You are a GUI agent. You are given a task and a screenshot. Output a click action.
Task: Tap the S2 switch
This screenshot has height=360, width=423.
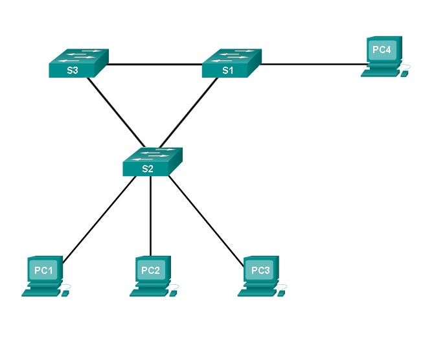click(x=152, y=162)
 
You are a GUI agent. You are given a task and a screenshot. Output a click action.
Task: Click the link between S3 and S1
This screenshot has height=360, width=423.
click(x=155, y=64)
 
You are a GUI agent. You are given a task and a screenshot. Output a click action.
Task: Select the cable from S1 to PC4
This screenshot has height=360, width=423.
click(x=311, y=64)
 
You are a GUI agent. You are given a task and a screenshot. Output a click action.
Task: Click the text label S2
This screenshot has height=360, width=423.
click(x=148, y=170)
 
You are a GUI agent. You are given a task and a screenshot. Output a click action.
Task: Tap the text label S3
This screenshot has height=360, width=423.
click(x=73, y=71)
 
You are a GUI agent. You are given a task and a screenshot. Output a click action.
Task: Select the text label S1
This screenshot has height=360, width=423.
click(x=227, y=71)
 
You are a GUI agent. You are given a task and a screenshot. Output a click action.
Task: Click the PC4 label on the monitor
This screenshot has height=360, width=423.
click(x=380, y=49)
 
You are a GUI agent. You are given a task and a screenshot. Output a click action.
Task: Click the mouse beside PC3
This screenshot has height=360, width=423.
click(x=281, y=292)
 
